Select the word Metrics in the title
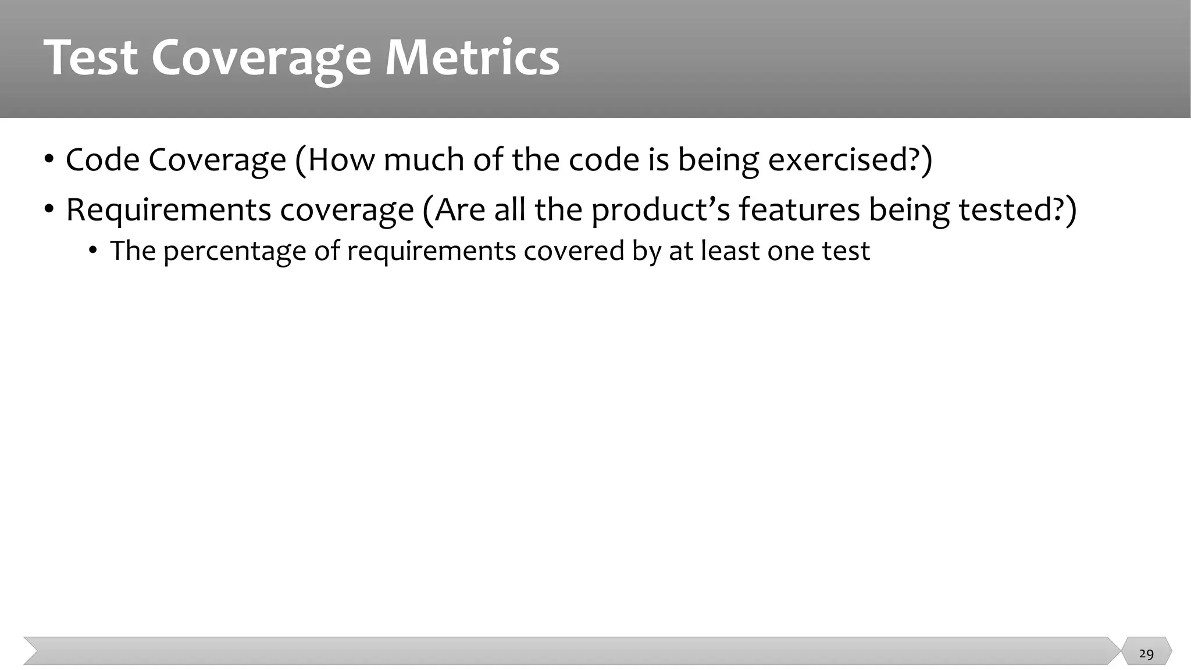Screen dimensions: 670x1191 472,58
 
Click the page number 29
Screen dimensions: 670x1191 1146,654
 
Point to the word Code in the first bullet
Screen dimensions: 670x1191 102,159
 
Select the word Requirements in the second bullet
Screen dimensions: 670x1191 168,210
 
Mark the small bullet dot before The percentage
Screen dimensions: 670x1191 93,251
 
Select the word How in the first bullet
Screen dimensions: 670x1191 341,159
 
